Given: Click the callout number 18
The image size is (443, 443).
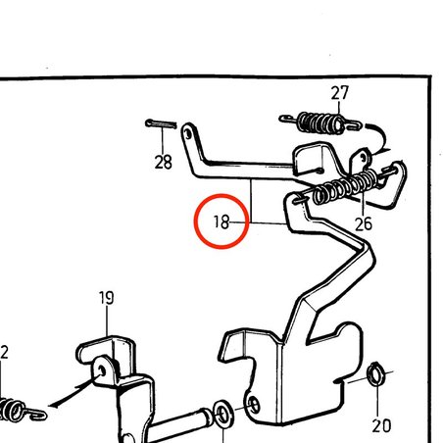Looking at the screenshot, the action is (x=221, y=221).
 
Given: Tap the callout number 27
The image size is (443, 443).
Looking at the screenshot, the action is (x=340, y=93).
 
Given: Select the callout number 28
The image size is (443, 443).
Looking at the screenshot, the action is (x=163, y=162).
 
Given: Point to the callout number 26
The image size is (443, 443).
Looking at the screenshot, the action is (x=364, y=223).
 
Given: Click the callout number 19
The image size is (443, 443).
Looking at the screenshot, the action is (x=107, y=298).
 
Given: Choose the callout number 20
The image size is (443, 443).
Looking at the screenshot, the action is (x=381, y=425).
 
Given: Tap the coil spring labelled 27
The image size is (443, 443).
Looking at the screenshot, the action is (x=320, y=123).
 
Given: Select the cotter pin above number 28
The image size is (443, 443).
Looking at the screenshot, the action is (x=161, y=123).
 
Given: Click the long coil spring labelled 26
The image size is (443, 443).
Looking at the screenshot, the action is (x=346, y=187).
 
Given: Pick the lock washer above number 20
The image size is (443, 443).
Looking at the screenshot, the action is (x=376, y=374).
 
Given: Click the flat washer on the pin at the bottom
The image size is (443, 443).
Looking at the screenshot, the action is (x=223, y=414).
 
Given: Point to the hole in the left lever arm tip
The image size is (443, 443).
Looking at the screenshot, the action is (x=187, y=133).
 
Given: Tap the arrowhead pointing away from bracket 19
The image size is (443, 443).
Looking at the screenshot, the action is (x=53, y=406).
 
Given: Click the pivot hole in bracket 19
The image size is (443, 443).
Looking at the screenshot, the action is (x=102, y=370).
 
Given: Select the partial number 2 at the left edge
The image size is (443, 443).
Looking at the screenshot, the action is (x=4, y=352).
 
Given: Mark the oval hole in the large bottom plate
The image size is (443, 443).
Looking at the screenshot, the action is (x=254, y=405).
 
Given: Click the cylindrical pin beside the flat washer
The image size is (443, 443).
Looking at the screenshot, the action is (x=179, y=424).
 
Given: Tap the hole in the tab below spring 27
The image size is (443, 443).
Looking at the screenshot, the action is (x=364, y=159).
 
